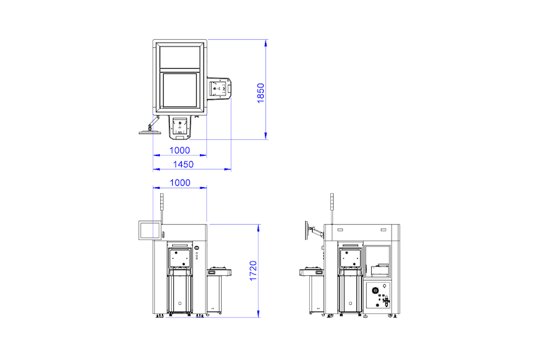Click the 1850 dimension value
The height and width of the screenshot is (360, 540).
tap(261, 93)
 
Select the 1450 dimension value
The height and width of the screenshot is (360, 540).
tap(183, 164)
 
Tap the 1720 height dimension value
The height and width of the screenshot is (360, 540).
tap(253, 271)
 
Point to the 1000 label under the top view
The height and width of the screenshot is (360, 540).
tap(180, 150)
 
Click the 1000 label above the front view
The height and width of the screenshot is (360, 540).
tap(180, 183)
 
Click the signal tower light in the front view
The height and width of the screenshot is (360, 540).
tap(162, 201)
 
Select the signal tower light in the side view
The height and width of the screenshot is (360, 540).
tap(332, 201)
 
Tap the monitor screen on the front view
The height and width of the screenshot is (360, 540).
tap(150, 230)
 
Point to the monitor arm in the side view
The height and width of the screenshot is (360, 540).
tap(317, 231)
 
